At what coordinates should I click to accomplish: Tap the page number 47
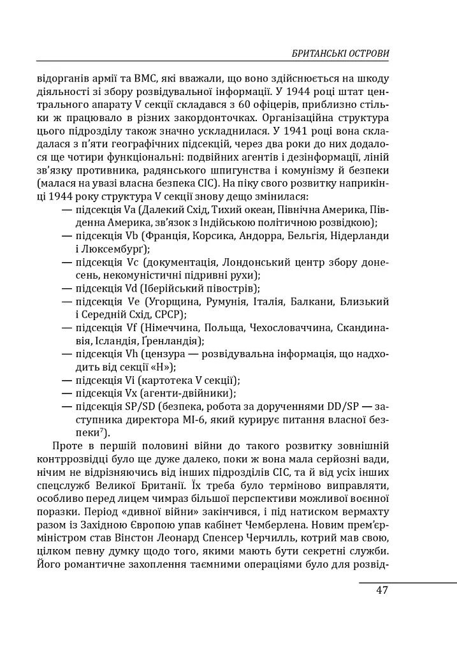(x=382, y=590)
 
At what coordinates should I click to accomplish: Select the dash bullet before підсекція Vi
(x=66, y=381)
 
